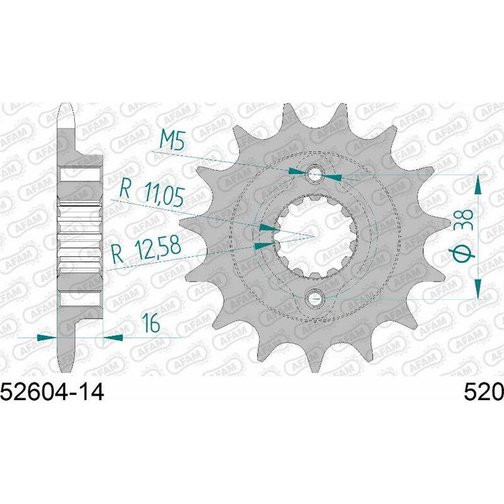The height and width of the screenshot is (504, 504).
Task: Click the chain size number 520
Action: click(483, 392)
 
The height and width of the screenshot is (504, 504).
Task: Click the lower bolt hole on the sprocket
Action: click(314, 297)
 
